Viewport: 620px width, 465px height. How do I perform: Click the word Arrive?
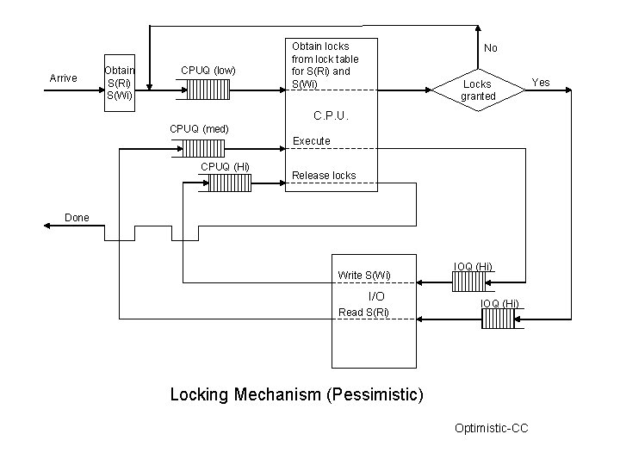pos(63,78)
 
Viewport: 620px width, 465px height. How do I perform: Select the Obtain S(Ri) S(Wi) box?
pos(118,81)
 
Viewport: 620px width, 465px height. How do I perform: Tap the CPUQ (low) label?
pos(208,70)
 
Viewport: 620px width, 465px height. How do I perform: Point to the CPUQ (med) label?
pos(198,128)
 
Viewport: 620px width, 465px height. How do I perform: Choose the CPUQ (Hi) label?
pos(226,165)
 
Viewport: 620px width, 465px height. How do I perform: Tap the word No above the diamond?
pos(490,48)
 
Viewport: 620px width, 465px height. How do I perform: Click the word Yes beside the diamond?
pos(541,83)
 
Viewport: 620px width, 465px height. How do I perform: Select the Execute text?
pos(312,140)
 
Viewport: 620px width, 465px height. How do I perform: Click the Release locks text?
pos(324,176)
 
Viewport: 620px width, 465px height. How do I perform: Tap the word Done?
pos(77,218)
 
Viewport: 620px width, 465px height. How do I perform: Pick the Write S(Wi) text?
pos(364,276)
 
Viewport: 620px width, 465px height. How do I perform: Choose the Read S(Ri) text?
pos(363,312)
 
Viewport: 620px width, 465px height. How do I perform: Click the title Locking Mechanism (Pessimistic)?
pos(297,394)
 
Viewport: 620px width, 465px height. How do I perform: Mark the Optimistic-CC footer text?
pos(491,428)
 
